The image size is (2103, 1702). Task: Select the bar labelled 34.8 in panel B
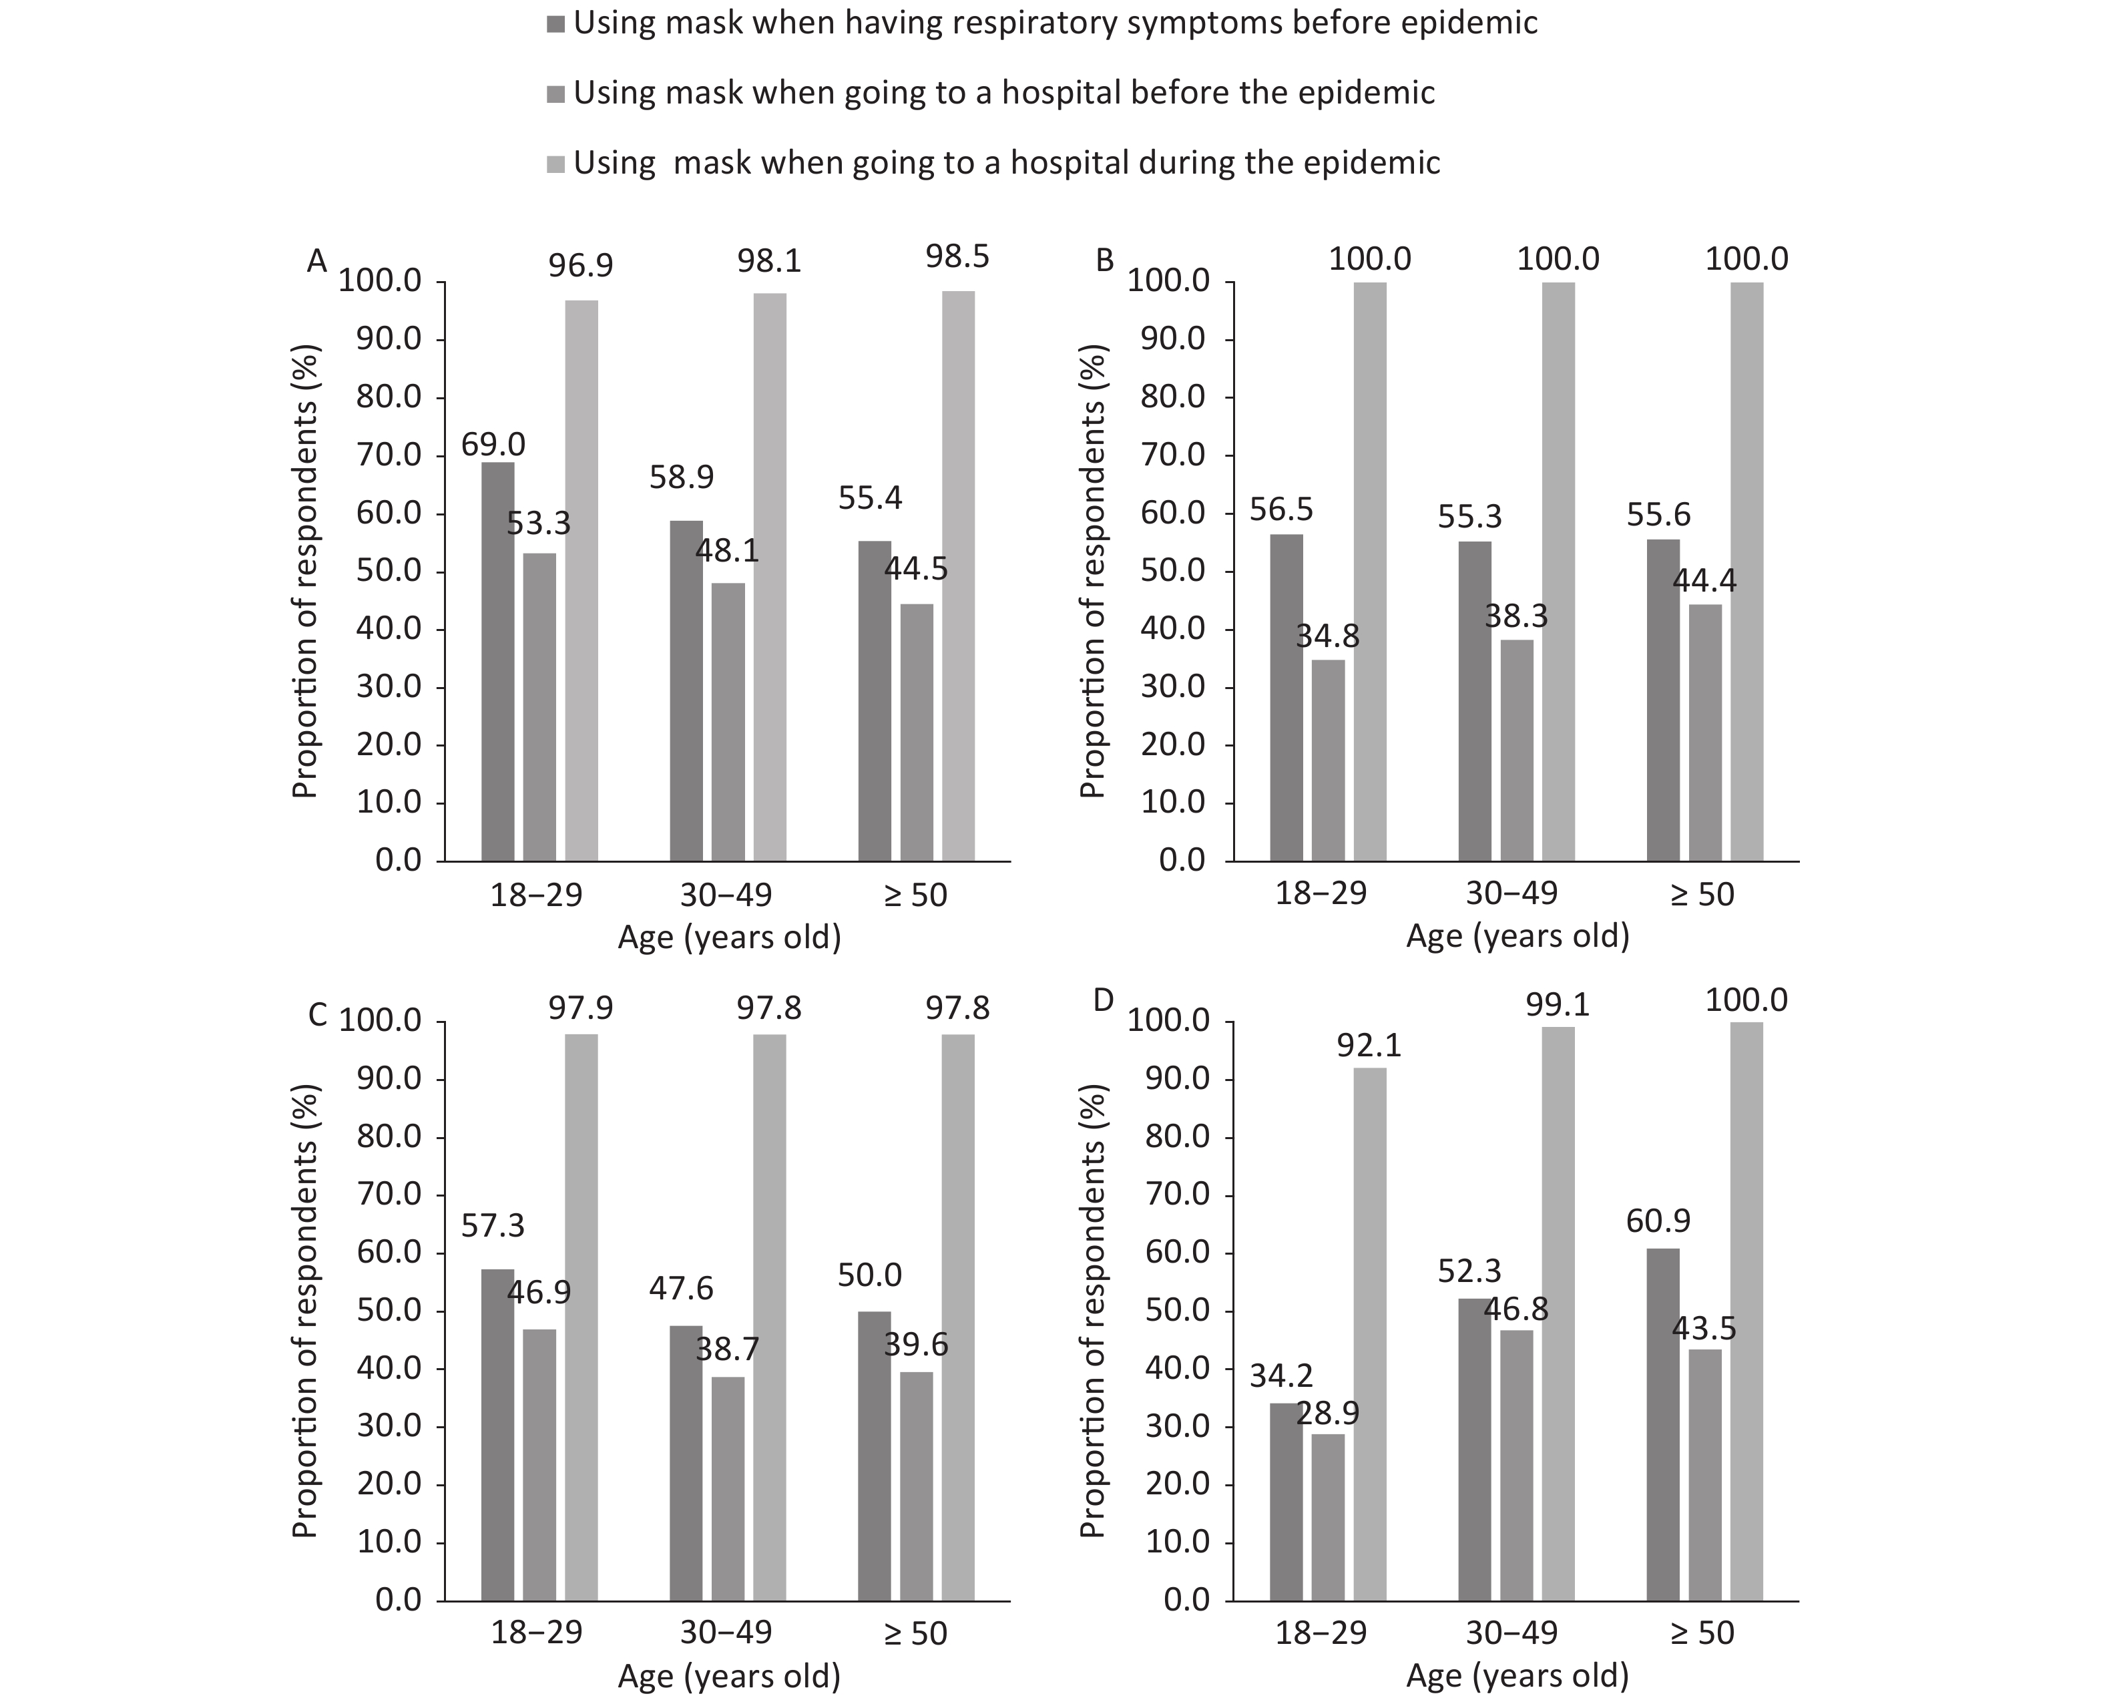(1329, 760)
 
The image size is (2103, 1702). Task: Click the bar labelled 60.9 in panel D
(1663, 1424)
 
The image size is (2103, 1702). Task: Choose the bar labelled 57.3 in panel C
(497, 1436)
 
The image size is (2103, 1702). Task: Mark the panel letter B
(1105, 262)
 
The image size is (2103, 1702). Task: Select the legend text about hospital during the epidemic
(1007, 162)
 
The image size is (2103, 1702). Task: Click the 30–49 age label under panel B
(1511, 893)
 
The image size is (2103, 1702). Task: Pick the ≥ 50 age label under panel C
(916, 1633)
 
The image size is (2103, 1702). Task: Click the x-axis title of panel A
(730, 938)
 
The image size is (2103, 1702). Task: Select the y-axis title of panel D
(1092, 1311)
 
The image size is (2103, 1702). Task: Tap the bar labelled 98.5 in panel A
(958, 576)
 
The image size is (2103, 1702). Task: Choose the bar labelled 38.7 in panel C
(728, 1488)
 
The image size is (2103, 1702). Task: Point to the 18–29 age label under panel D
(1322, 1633)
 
